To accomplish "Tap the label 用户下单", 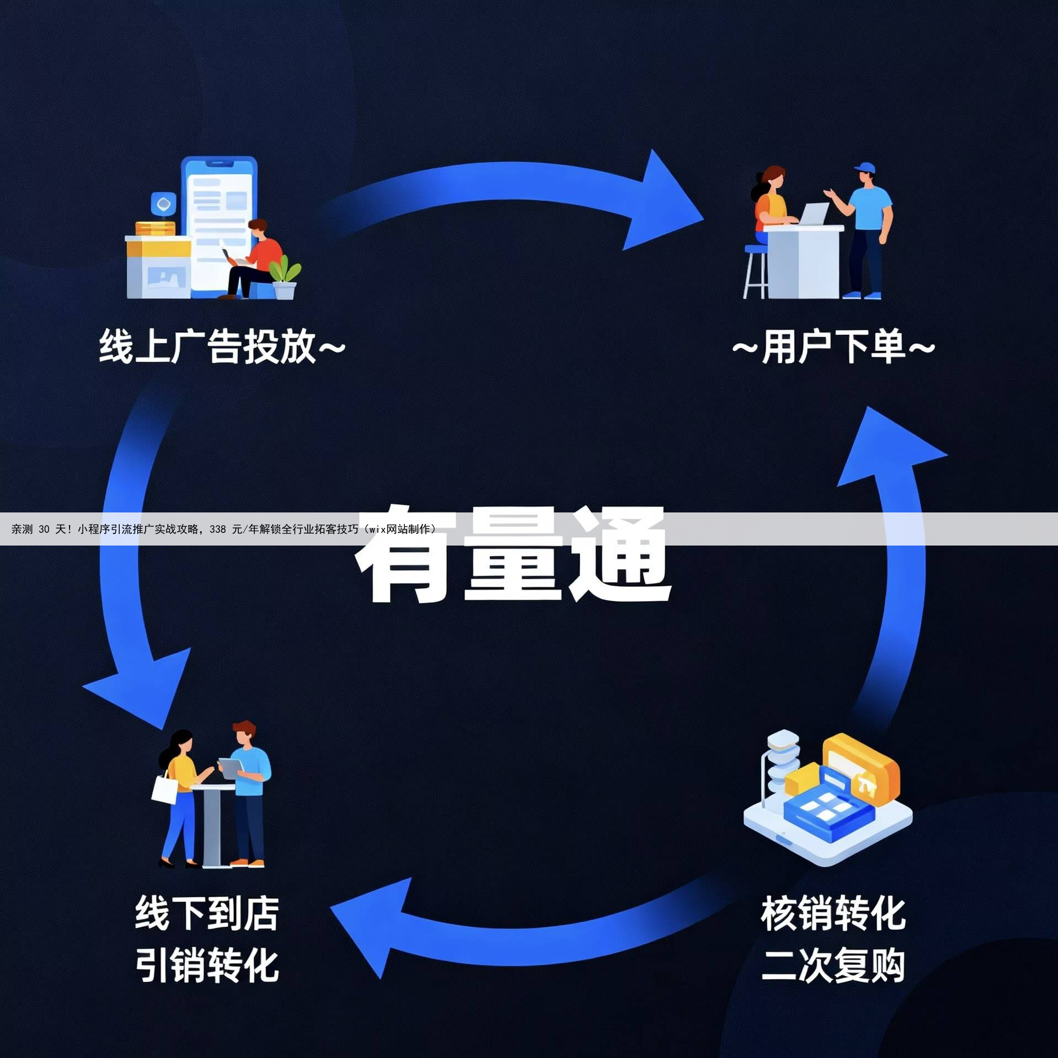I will [x=833, y=346].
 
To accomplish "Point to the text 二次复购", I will [x=833, y=965].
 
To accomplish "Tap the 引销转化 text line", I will [x=207, y=965].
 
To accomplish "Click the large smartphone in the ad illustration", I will [x=219, y=226].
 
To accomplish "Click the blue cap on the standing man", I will [x=864, y=168].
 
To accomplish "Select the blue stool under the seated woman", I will [x=755, y=270].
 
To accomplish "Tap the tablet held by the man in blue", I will [x=231, y=767].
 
